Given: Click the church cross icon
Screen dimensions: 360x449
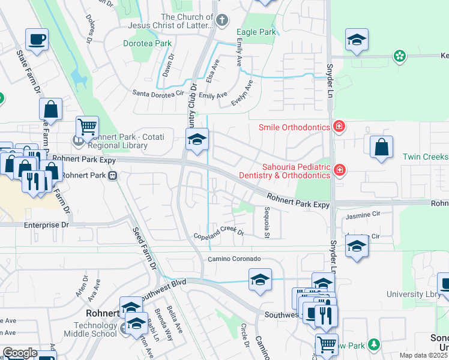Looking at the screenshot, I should pyautogui.click(x=221, y=21).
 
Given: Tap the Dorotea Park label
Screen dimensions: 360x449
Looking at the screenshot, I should pyautogui.click(x=147, y=43).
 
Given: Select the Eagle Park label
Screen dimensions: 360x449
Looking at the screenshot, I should pyautogui.click(x=256, y=32).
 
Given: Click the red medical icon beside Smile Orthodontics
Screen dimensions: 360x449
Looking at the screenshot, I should pyautogui.click(x=339, y=127).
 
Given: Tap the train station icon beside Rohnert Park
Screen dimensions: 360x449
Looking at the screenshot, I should pyautogui.click(x=112, y=176).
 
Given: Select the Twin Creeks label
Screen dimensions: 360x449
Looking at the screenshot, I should pyautogui.click(x=425, y=157).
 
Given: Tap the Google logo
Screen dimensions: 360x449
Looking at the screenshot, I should pyautogui.click(x=20, y=353).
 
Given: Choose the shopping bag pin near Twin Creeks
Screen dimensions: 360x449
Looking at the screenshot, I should pyautogui.click(x=381, y=147).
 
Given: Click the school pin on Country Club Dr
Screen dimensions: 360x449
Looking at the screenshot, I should pyautogui.click(x=196, y=140).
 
